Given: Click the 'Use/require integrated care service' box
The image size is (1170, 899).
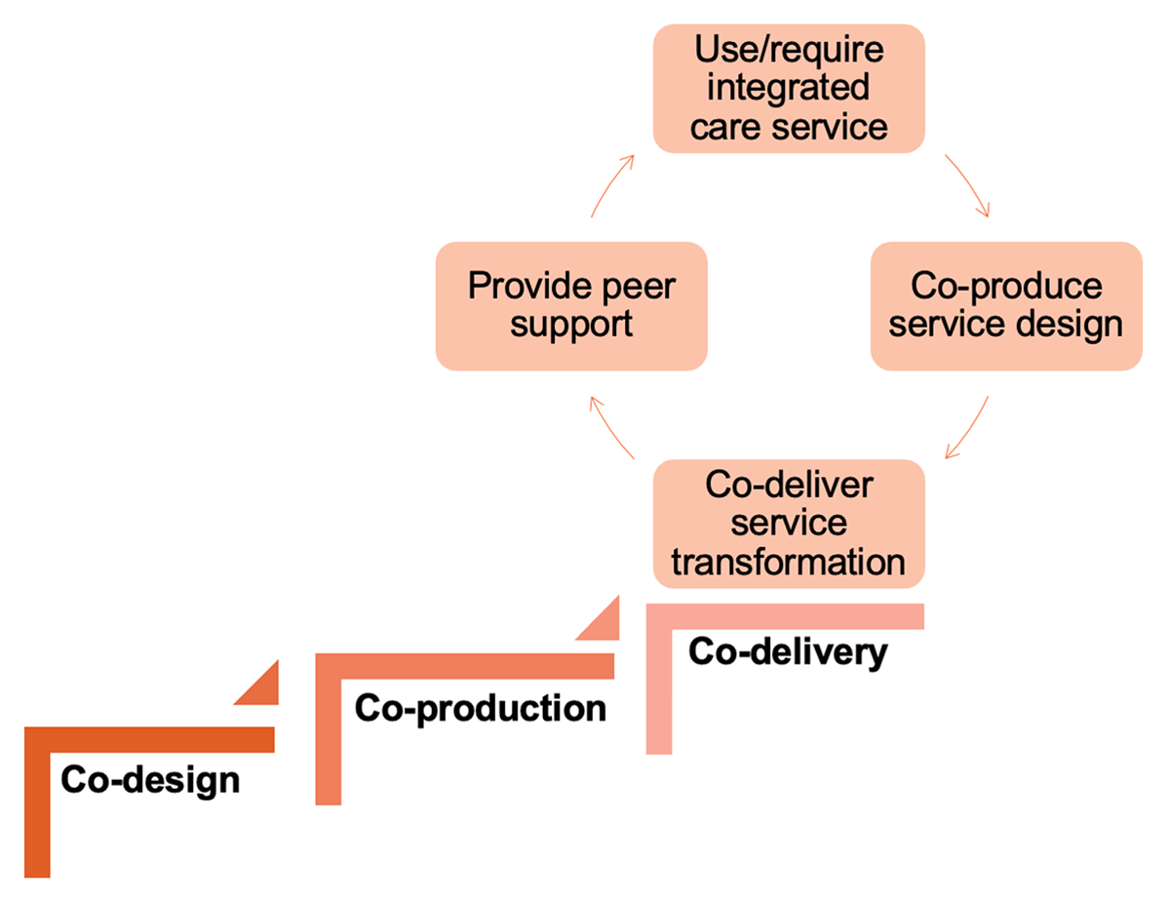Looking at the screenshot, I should (x=789, y=89).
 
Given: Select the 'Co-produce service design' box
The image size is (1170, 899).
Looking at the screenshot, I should (x=1005, y=305).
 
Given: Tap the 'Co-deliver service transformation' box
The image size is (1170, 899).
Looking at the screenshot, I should (x=789, y=524).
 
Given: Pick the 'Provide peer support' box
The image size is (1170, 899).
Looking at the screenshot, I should (x=570, y=305).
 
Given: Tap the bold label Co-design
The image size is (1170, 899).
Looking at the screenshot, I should (x=149, y=780).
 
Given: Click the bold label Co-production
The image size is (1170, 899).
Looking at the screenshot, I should (x=480, y=709).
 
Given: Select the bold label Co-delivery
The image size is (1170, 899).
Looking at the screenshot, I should (x=788, y=651).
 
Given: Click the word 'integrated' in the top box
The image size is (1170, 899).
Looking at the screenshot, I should (x=789, y=88).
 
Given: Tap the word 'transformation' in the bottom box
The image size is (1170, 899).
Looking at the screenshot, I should (x=789, y=562).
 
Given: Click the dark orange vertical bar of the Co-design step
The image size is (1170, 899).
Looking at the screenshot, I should (x=36, y=809).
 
